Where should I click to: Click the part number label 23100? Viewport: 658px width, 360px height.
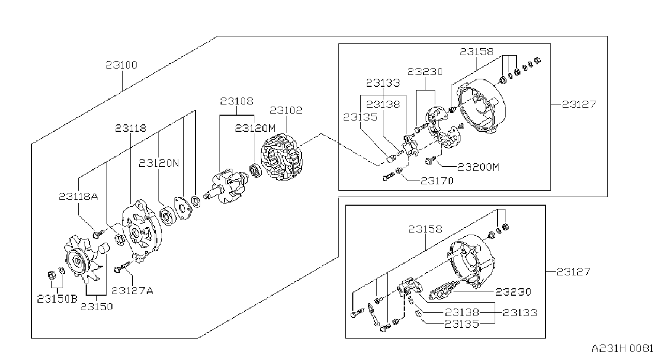[122, 65]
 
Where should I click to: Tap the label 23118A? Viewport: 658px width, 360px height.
[78, 196]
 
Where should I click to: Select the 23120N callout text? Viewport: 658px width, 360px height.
[158, 163]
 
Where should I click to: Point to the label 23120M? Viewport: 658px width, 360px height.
[255, 128]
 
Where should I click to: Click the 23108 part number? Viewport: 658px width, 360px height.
[237, 101]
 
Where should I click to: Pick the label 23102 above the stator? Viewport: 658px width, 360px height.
[286, 110]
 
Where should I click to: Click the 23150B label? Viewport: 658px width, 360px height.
[57, 299]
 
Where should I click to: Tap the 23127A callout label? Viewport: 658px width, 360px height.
[132, 291]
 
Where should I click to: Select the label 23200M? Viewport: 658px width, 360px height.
[478, 167]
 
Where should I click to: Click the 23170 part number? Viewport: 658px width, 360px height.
[437, 181]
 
